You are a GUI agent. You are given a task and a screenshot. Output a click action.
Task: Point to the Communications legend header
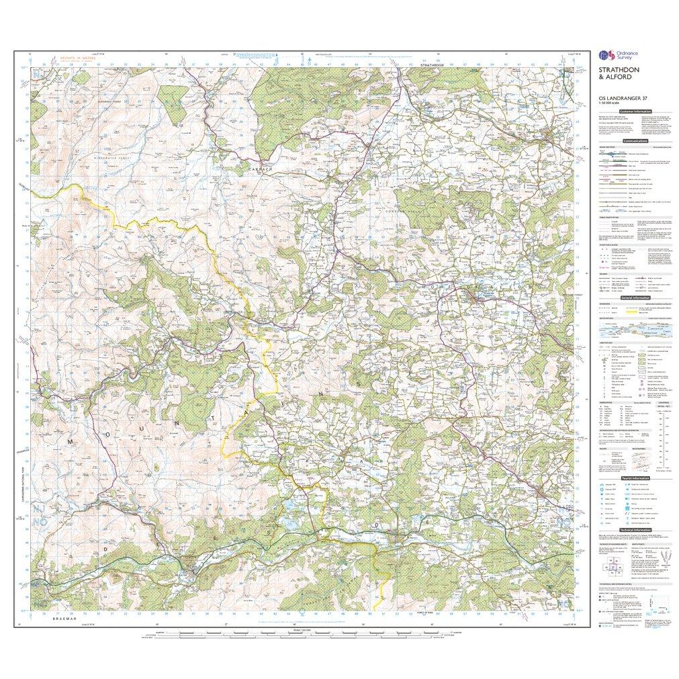point(635,141)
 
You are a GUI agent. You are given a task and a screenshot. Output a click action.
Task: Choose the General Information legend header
point(633,298)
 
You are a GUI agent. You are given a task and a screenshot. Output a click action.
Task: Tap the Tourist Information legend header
point(634,478)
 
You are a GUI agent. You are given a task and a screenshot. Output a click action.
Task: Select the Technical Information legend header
point(633,531)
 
